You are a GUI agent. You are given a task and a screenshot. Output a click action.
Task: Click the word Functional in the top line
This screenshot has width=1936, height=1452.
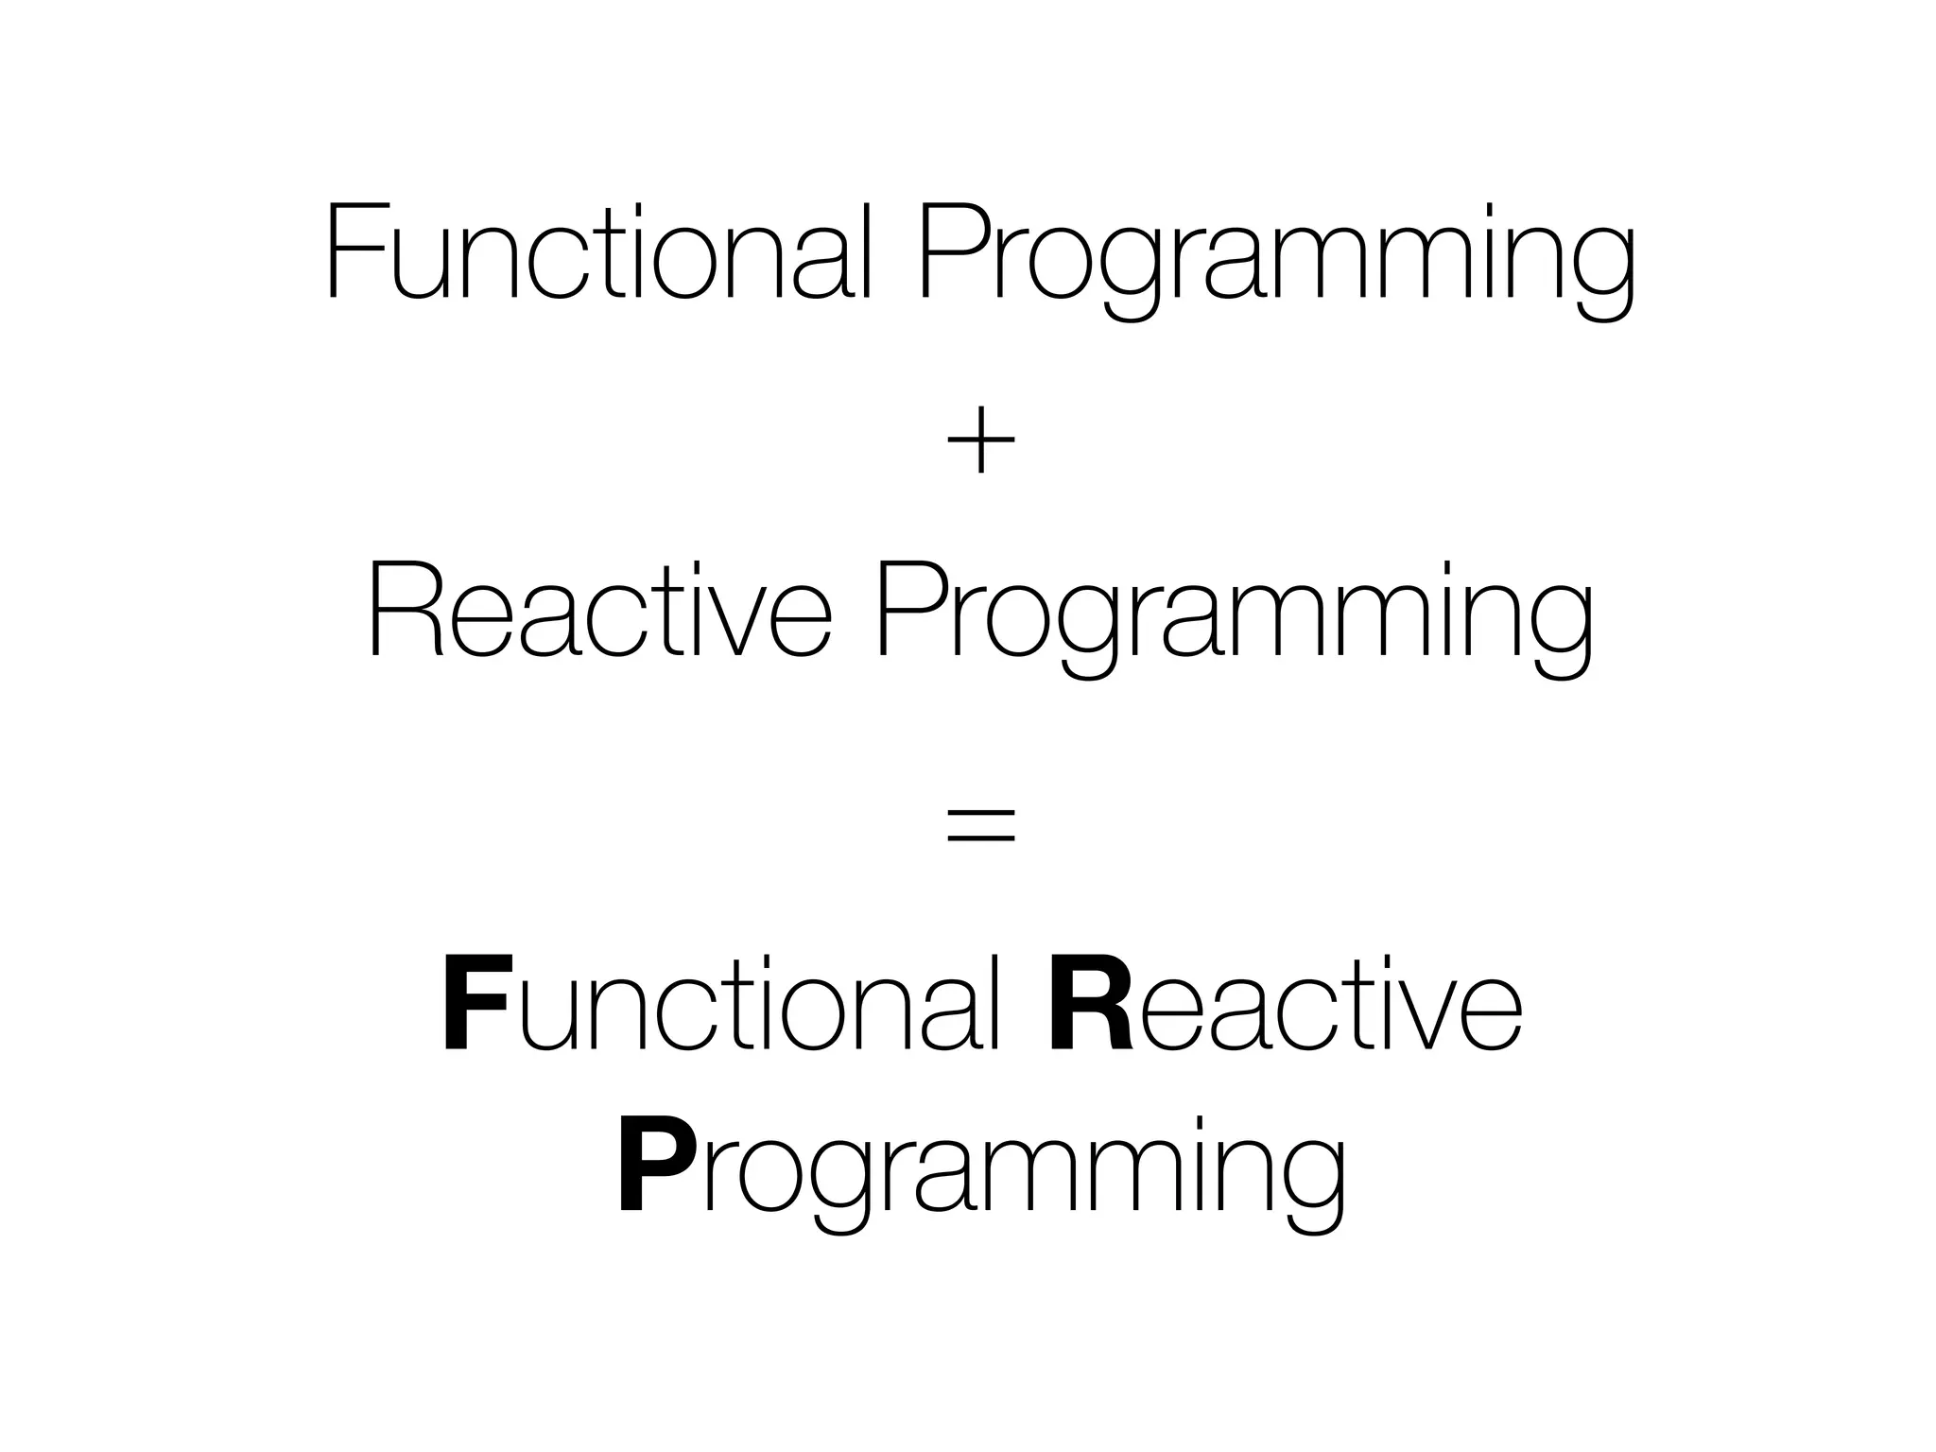597,253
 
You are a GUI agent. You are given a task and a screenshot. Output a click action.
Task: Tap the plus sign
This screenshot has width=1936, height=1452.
980,441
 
